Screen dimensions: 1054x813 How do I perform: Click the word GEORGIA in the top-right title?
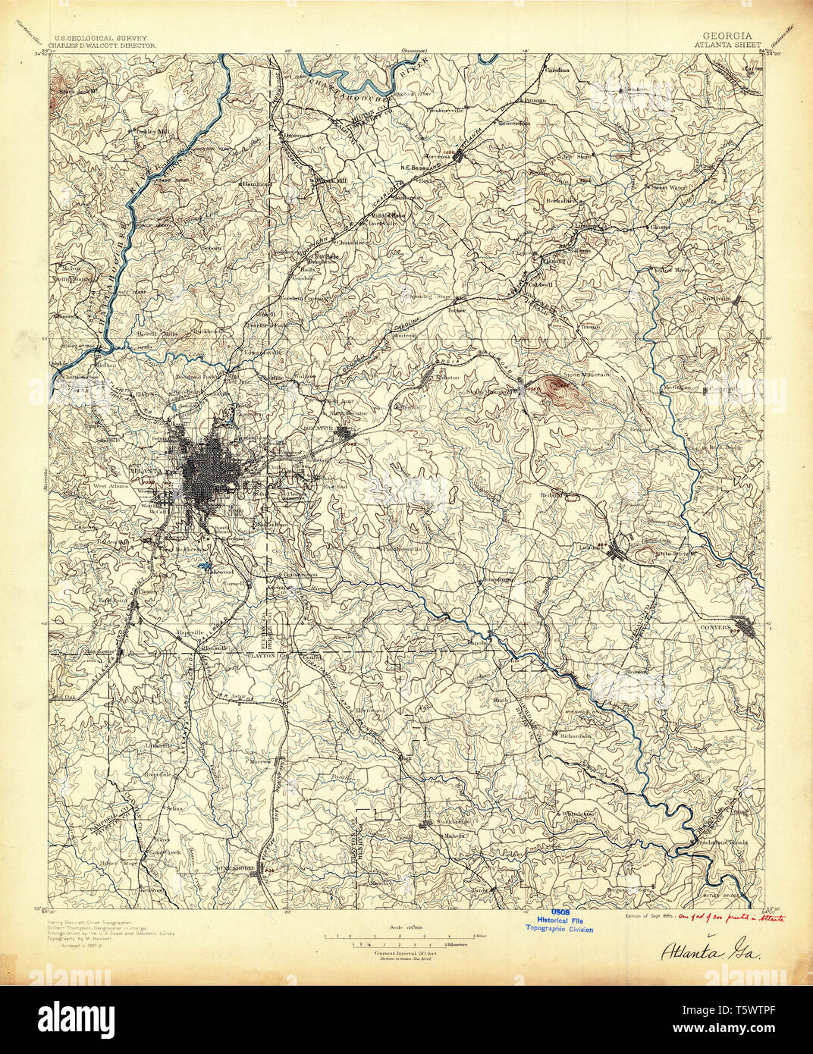[x=727, y=36]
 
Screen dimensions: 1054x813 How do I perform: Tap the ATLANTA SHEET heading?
[x=727, y=45]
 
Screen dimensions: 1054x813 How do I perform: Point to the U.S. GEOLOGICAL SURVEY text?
[x=100, y=36]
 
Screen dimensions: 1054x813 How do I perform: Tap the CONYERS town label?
[x=717, y=629]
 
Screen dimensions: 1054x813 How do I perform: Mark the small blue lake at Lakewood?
[x=202, y=566]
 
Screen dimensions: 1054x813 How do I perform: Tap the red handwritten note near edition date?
[x=733, y=917]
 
